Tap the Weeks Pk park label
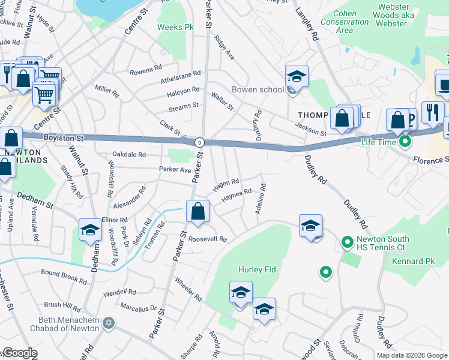click(176, 28)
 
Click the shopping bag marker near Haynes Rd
click(197, 211)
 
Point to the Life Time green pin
click(405, 142)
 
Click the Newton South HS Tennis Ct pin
click(346, 243)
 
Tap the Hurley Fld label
click(256, 269)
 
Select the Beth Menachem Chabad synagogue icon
click(108, 323)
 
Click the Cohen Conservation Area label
click(345, 22)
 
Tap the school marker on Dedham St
click(90, 230)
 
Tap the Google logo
click(20, 353)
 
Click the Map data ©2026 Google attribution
click(411, 355)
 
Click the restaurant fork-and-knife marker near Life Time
click(432, 112)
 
